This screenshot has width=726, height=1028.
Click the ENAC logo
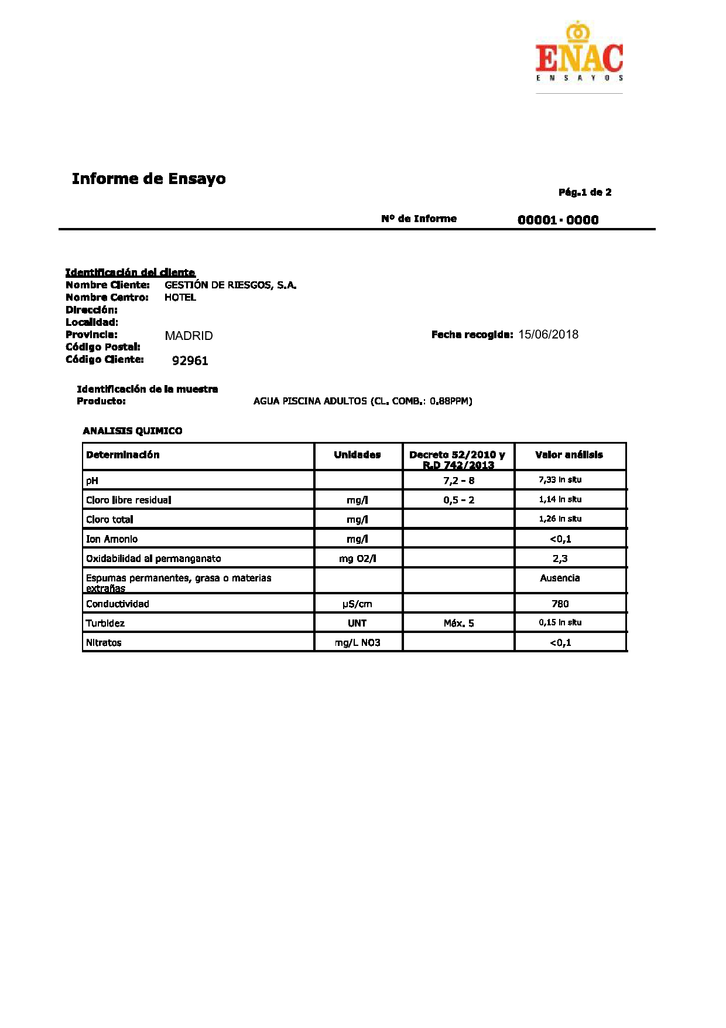click(x=579, y=53)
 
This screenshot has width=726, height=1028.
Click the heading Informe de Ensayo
click(x=149, y=179)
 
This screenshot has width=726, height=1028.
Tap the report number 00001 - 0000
click(x=558, y=220)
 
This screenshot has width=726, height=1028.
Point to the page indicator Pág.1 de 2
click(x=585, y=192)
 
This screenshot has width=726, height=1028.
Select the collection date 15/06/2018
click(x=548, y=335)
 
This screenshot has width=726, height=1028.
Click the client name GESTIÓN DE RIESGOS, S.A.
click(x=230, y=285)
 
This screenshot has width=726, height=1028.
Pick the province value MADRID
click(x=189, y=336)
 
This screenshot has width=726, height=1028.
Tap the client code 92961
click(x=190, y=360)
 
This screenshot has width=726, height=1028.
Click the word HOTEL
click(x=180, y=298)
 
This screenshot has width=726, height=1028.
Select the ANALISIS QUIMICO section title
click(x=132, y=431)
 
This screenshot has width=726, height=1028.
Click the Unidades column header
click(x=357, y=455)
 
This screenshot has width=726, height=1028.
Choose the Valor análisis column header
click(x=569, y=455)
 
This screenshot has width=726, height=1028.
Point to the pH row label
click(x=92, y=481)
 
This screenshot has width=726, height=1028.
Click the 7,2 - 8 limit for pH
click(x=458, y=481)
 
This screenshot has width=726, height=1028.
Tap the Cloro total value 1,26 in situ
click(x=560, y=519)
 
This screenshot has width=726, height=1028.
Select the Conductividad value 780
click(x=560, y=604)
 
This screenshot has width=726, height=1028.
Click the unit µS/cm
click(x=357, y=604)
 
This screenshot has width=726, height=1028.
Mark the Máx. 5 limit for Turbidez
click(x=458, y=623)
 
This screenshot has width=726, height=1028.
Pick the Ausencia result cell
click(x=560, y=578)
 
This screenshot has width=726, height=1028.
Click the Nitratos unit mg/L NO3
click(x=357, y=642)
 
